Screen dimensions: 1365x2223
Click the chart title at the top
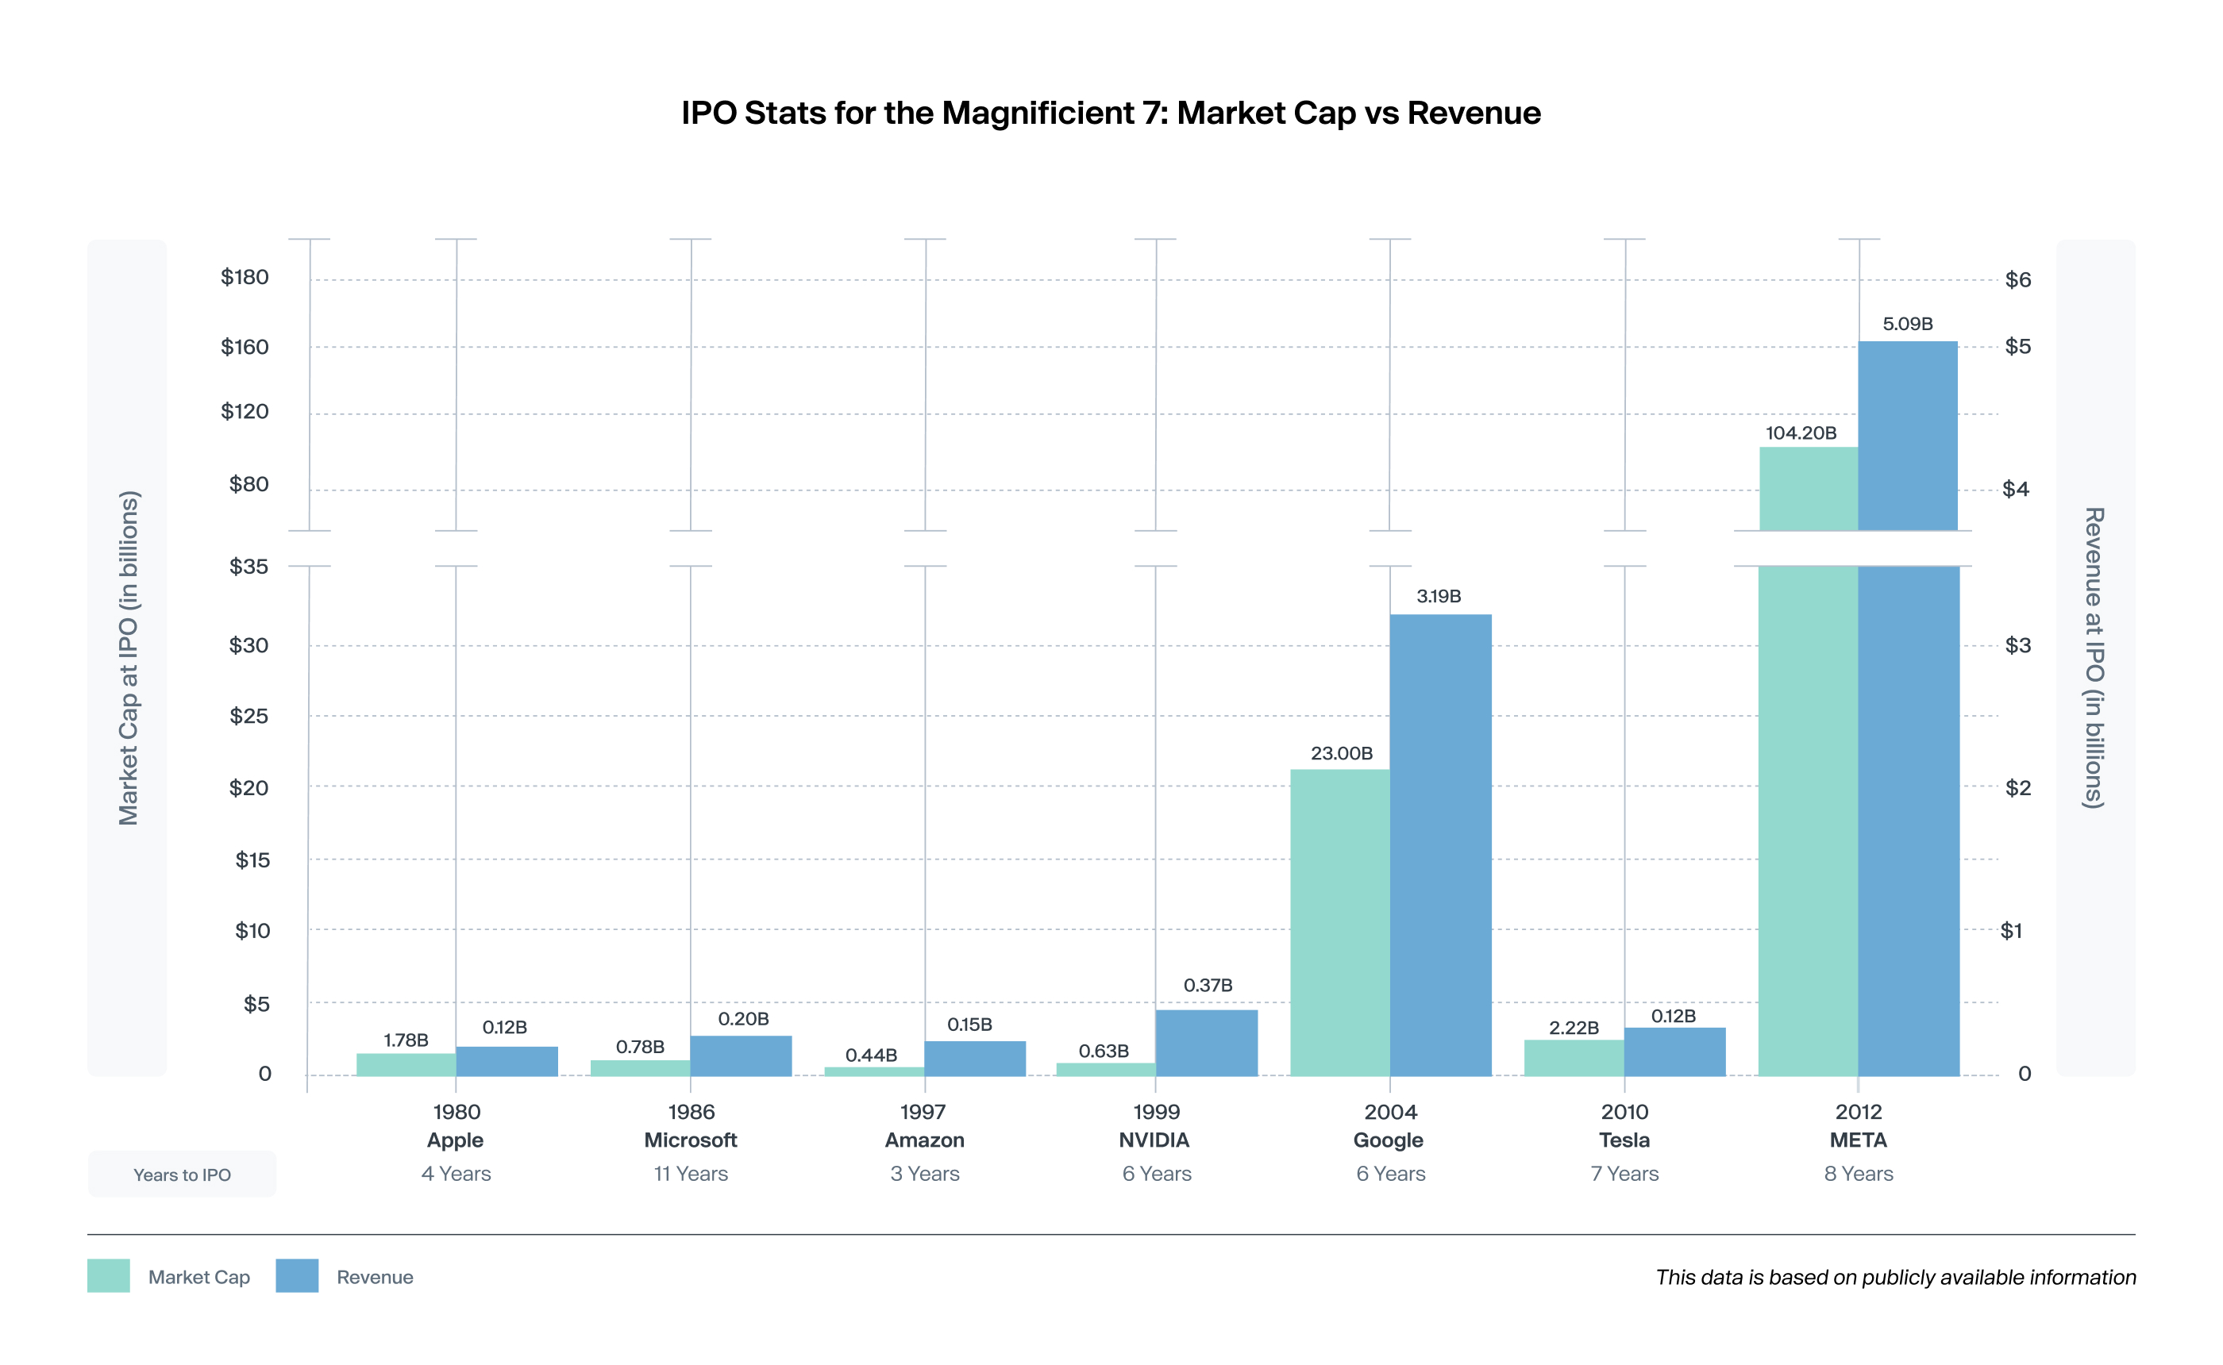(1111, 113)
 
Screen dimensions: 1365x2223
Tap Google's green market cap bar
(1340, 921)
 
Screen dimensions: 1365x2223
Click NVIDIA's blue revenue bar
(1206, 1043)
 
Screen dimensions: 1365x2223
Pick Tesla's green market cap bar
(1574, 1058)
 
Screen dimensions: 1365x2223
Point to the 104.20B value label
(1801, 433)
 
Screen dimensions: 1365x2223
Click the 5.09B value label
(1907, 323)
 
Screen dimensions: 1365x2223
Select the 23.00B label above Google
(1342, 753)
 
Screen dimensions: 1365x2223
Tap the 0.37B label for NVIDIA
(1208, 985)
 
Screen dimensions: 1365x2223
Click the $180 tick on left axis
(245, 277)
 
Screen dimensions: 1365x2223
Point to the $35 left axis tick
(248, 566)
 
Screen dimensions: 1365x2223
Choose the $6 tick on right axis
(2017, 280)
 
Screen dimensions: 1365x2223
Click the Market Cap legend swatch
(108, 1275)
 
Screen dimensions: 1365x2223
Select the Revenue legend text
(375, 1277)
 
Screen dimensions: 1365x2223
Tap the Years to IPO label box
(182, 1174)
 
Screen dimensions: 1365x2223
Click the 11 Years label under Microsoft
(691, 1174)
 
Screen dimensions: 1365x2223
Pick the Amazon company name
(925, 1140)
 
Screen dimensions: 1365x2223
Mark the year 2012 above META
(1859, 1111)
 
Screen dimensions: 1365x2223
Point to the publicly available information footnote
(1895, 1277)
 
